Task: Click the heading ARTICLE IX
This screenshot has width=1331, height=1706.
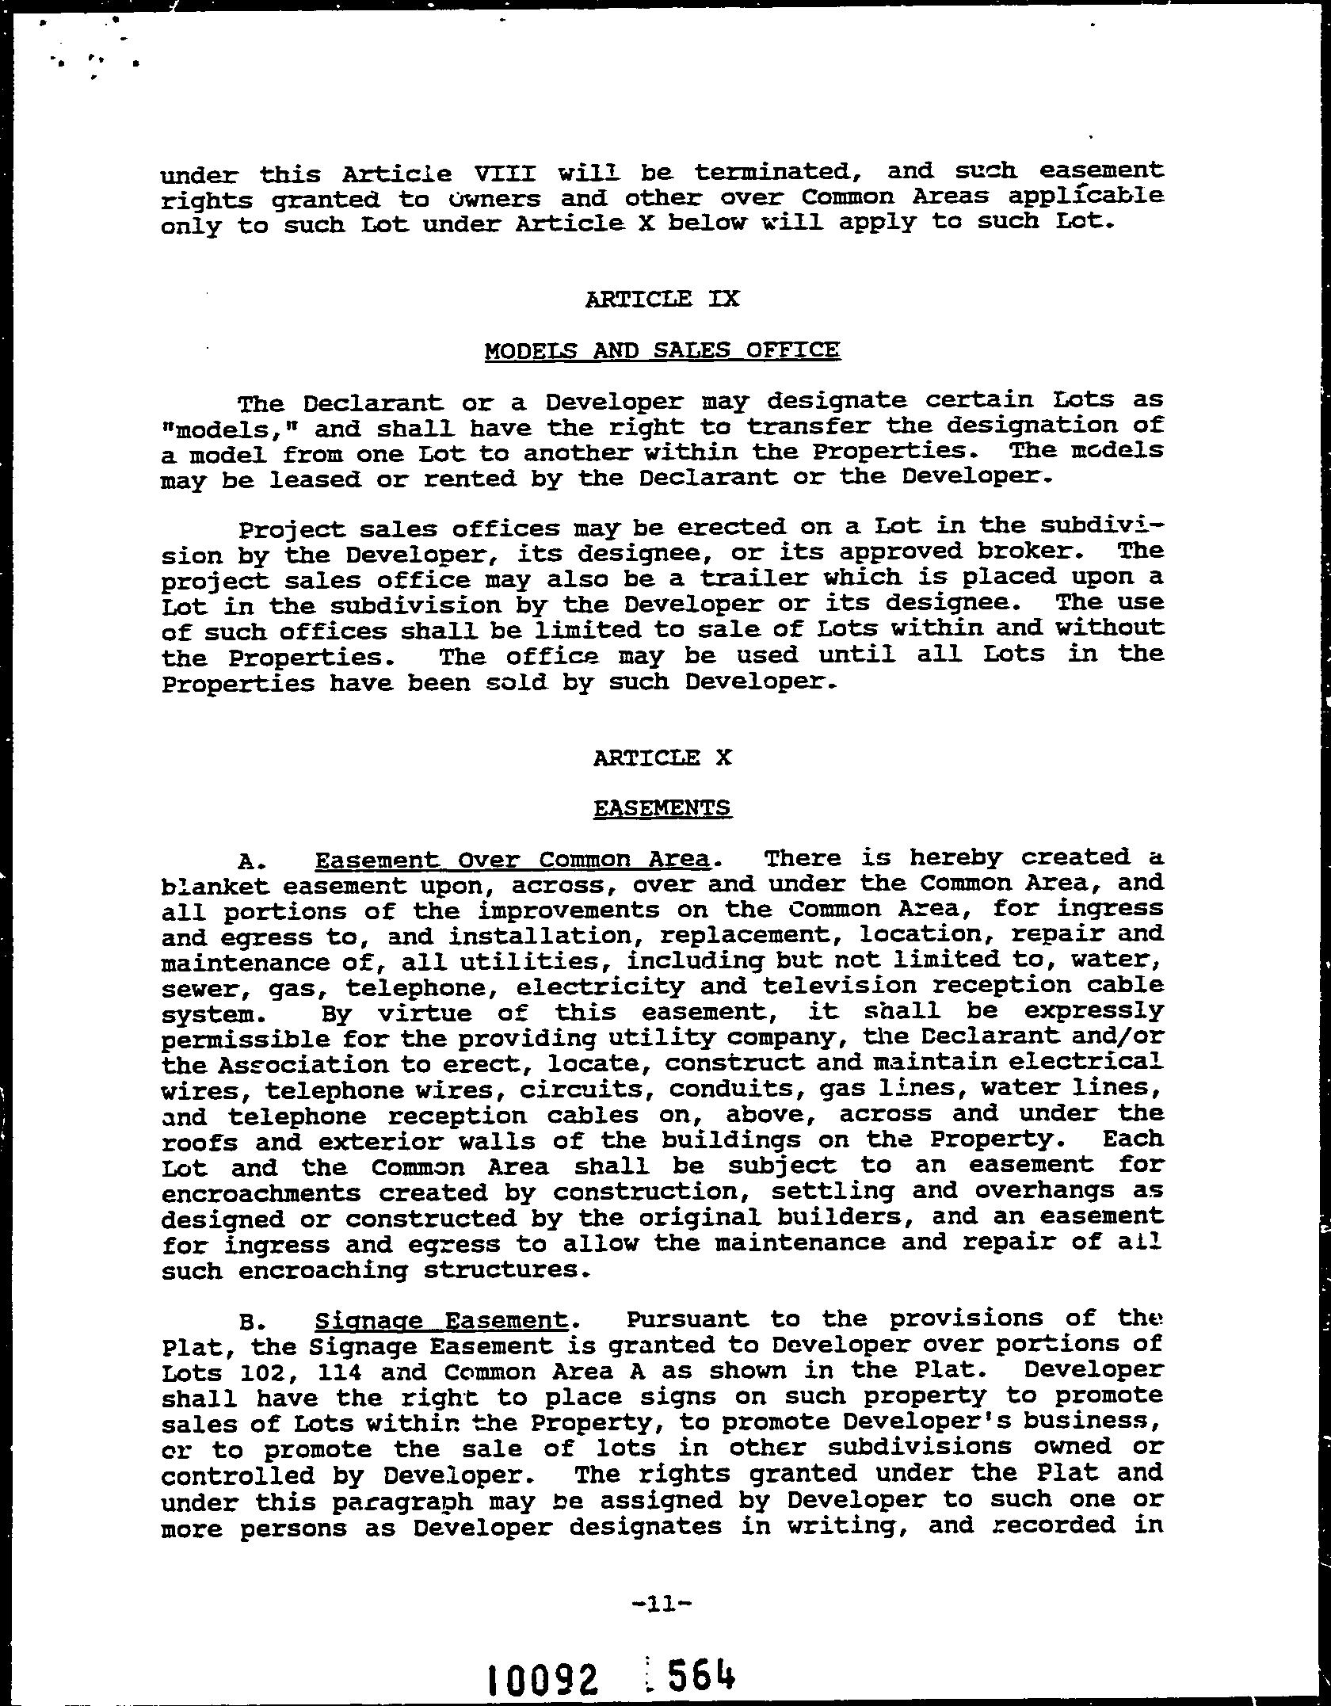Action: point(662,300)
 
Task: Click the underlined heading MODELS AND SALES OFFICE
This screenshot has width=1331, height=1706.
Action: point(662,350)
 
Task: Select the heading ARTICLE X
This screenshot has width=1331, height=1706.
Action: point(662,758)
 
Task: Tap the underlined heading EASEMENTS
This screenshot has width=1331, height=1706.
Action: point(662,808)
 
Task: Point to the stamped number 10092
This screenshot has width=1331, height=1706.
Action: point(543,1677)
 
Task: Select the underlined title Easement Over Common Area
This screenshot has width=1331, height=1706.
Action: point(512,860)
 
